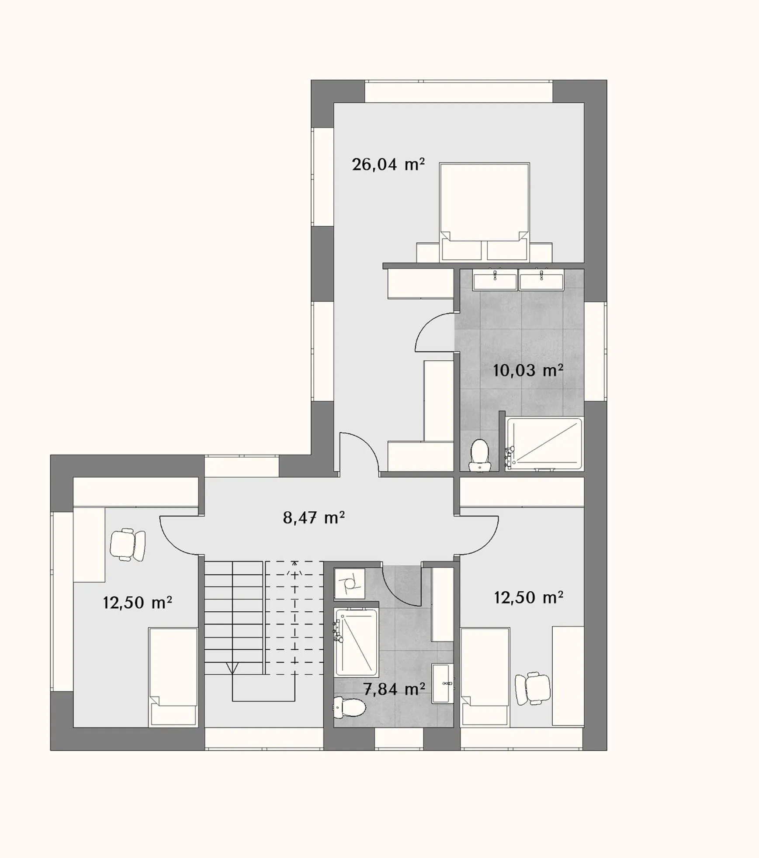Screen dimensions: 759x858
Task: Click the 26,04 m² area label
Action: coord(388,165)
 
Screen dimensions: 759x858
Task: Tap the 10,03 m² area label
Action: coord(528,371)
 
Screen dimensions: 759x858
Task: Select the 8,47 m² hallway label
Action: coord(314,518)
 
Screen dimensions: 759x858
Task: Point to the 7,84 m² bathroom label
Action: coord(394,689)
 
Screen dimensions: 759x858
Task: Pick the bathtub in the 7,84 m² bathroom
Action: coord(356,642)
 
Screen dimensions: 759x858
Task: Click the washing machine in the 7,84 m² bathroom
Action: coord(350,583)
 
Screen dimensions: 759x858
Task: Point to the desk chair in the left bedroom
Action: coord(127,544)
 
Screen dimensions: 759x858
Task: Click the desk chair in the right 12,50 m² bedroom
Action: coord(532,688)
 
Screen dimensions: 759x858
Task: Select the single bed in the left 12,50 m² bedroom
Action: coord(173,677)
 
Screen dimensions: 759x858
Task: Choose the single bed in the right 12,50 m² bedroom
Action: coord(485,677)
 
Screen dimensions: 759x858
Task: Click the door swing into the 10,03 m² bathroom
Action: coord(430,328)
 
